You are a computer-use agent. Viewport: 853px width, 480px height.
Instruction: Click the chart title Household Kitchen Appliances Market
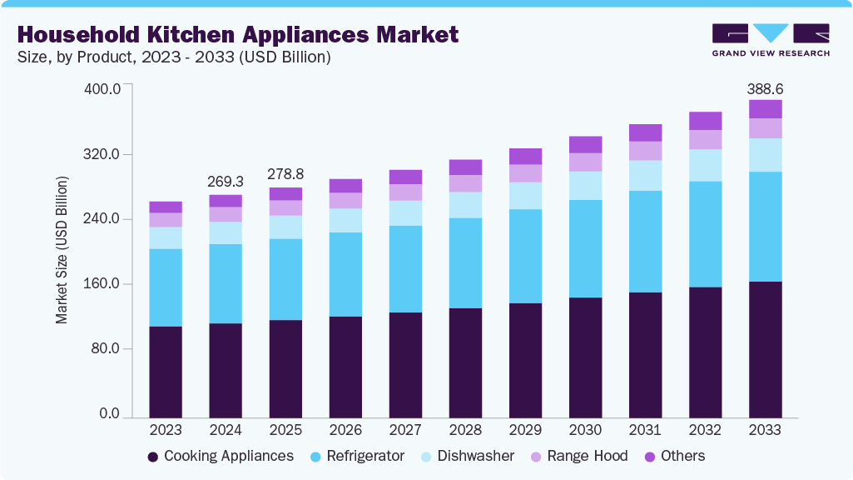[237, 35]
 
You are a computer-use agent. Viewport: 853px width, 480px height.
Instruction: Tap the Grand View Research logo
[770, 40]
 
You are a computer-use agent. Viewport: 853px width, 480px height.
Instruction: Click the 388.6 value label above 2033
[765, 88]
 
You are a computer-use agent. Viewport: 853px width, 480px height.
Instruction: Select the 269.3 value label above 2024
[226, 182]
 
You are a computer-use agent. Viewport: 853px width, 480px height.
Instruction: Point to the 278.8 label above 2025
[285, 174]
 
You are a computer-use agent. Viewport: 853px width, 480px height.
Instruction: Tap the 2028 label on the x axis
[465, 431]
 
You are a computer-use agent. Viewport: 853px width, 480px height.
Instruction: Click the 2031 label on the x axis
[645, 431]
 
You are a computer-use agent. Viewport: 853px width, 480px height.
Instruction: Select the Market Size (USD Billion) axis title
[62, 250]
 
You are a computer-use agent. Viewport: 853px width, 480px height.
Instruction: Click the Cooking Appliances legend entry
[221, 457]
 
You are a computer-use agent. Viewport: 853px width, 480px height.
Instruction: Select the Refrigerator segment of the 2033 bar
[765, 227]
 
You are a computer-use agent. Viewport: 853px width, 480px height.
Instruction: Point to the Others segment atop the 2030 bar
[585, 144]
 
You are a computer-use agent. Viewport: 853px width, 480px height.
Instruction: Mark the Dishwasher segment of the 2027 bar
[405, 213]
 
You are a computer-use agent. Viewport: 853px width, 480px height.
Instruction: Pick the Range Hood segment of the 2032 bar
[705, 139]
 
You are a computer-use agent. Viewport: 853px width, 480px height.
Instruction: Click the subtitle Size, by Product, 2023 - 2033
[174, 57]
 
